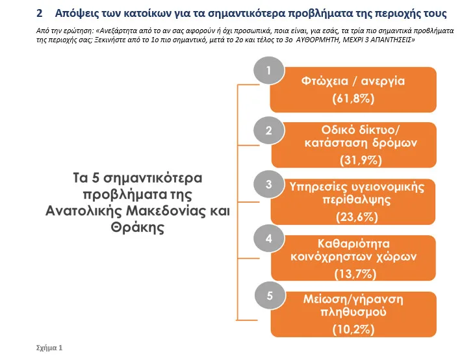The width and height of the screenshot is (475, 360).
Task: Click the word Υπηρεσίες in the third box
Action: click(x=316, y=187)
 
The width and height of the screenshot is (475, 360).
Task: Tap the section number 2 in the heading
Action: click(x=39, y=13)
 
